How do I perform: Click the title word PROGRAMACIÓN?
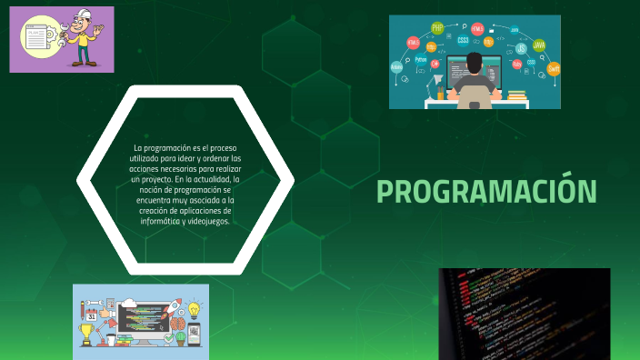click(486, 192)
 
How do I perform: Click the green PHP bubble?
click(438, 27)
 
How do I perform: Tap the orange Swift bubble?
click(553, 69)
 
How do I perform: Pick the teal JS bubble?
click(521, 48)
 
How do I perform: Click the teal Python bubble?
click(421, 60)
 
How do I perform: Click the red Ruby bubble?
click(517, 65)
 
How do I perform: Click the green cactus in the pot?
click(180, 337)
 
